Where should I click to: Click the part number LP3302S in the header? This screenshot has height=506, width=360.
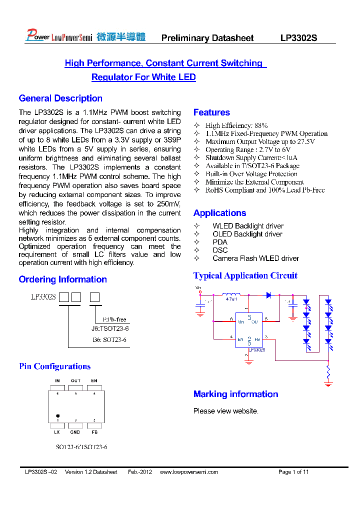[x=298, y=38]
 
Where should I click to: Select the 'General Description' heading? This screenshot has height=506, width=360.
[x=60, y=98]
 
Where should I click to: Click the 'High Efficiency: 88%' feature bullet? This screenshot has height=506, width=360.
[x=236, y=125]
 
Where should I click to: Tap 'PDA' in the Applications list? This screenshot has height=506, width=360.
[x=220, y=242]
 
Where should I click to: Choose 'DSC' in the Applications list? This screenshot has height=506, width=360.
[x=220, y=250]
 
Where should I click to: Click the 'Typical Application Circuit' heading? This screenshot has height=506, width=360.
[x=245, y=275]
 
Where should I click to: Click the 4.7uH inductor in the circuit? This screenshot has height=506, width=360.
[x=231, y=294]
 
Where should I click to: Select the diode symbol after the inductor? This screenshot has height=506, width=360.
[x=268, y=295]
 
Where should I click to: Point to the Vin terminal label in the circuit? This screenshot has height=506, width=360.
[x=198, y=287]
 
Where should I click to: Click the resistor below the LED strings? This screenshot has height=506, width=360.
[x=328, y=373]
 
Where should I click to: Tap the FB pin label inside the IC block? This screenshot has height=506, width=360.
[x=256, y=339]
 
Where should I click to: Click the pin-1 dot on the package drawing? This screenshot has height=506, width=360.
[x=58, y=415]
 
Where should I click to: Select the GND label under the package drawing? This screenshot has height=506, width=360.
[x=75, y=431]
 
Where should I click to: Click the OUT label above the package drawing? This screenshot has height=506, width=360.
[x=75, y=381]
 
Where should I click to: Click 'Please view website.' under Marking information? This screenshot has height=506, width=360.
[x=226, y=411]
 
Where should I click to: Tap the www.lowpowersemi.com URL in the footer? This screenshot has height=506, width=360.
[x=189, y=472]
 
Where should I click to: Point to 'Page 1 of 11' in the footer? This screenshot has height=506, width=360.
[x=293, y=472]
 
